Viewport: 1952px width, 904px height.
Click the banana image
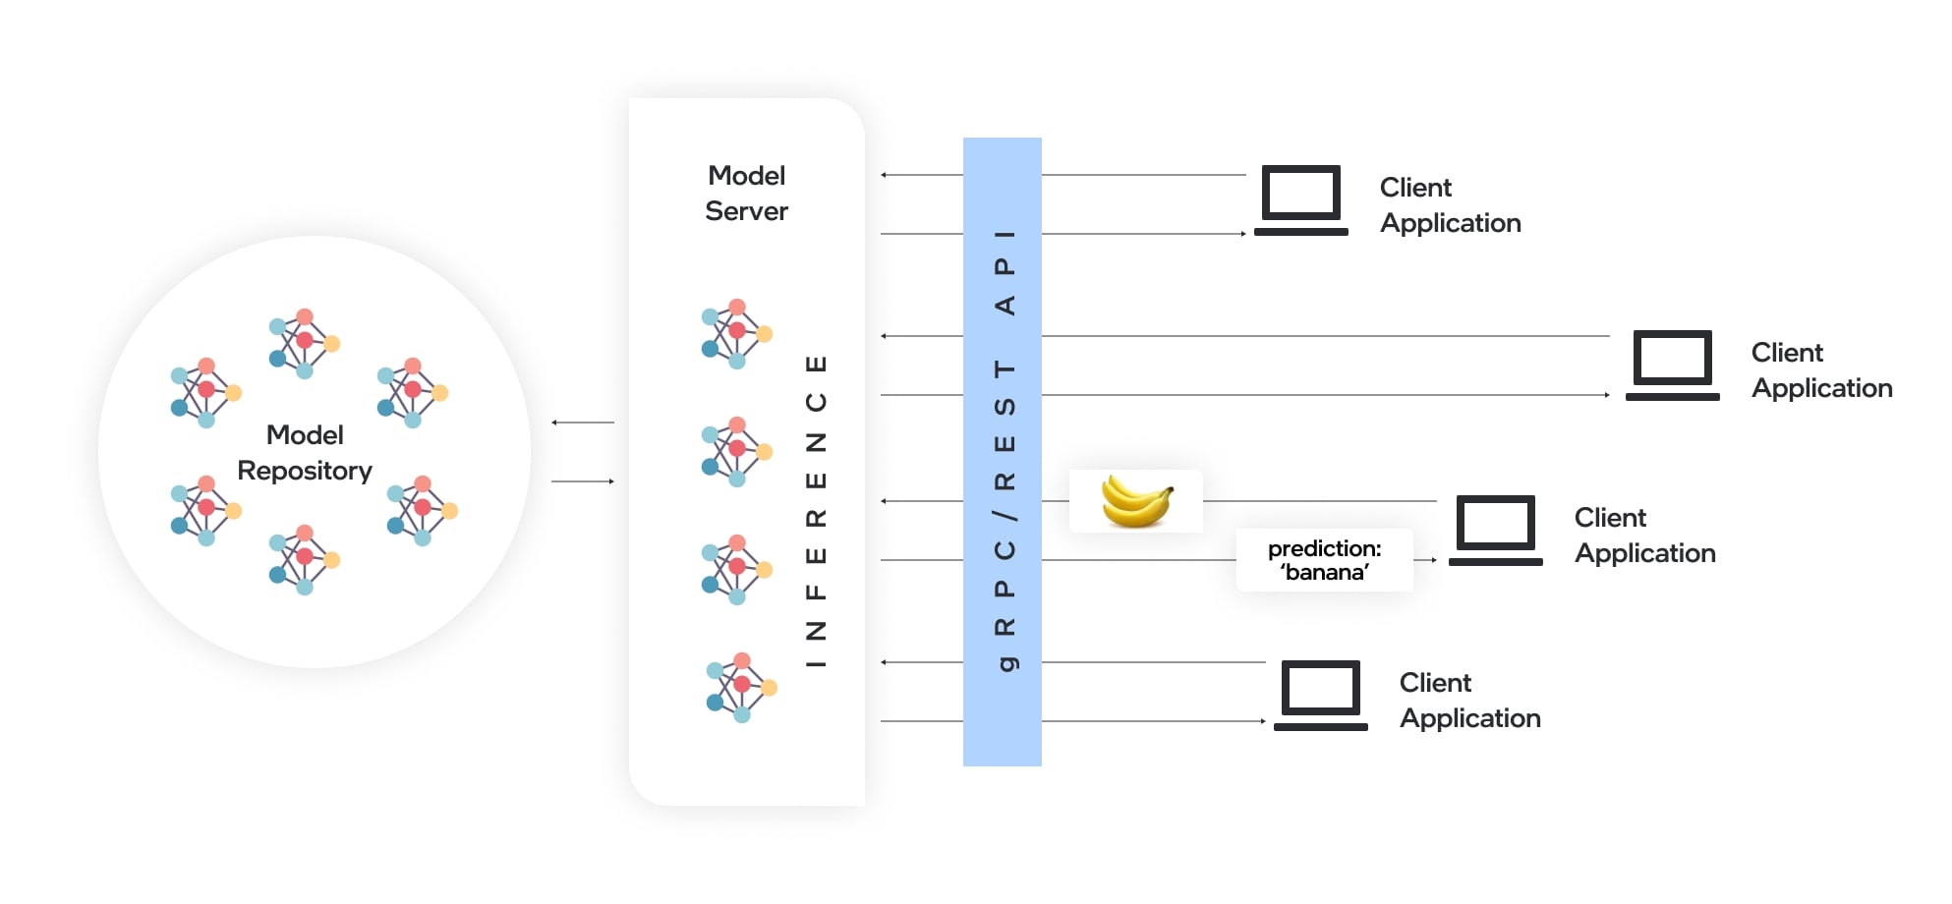coord(1136,501)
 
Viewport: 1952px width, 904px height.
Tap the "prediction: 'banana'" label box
coord(1324,560)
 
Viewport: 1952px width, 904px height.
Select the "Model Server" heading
coord(746,194)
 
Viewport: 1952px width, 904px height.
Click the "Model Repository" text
coord(305,453)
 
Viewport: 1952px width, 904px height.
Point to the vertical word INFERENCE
coord(816,511)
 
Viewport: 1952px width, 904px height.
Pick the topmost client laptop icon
coord(1300,200)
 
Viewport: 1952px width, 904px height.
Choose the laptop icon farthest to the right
coord(1672,366)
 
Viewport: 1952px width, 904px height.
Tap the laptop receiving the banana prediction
coord(1495,531)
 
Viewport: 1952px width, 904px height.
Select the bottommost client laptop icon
coord(1320,696)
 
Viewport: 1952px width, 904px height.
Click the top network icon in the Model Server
coord(736,334)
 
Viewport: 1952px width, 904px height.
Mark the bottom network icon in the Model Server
coord(741,687)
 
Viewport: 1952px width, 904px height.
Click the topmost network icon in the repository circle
coord(304,344)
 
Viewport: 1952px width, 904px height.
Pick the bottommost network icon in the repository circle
coord(304,560)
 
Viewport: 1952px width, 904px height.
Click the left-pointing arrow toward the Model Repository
coord(582,423)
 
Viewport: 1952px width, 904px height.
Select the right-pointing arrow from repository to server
coord(584,481)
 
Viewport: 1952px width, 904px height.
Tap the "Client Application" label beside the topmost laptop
coord(1450,205)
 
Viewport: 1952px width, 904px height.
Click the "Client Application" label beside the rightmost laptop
coord(1821,370)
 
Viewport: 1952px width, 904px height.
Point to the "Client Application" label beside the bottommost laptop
coord(1469,701)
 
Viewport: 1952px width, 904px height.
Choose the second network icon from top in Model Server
coord(736,452)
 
